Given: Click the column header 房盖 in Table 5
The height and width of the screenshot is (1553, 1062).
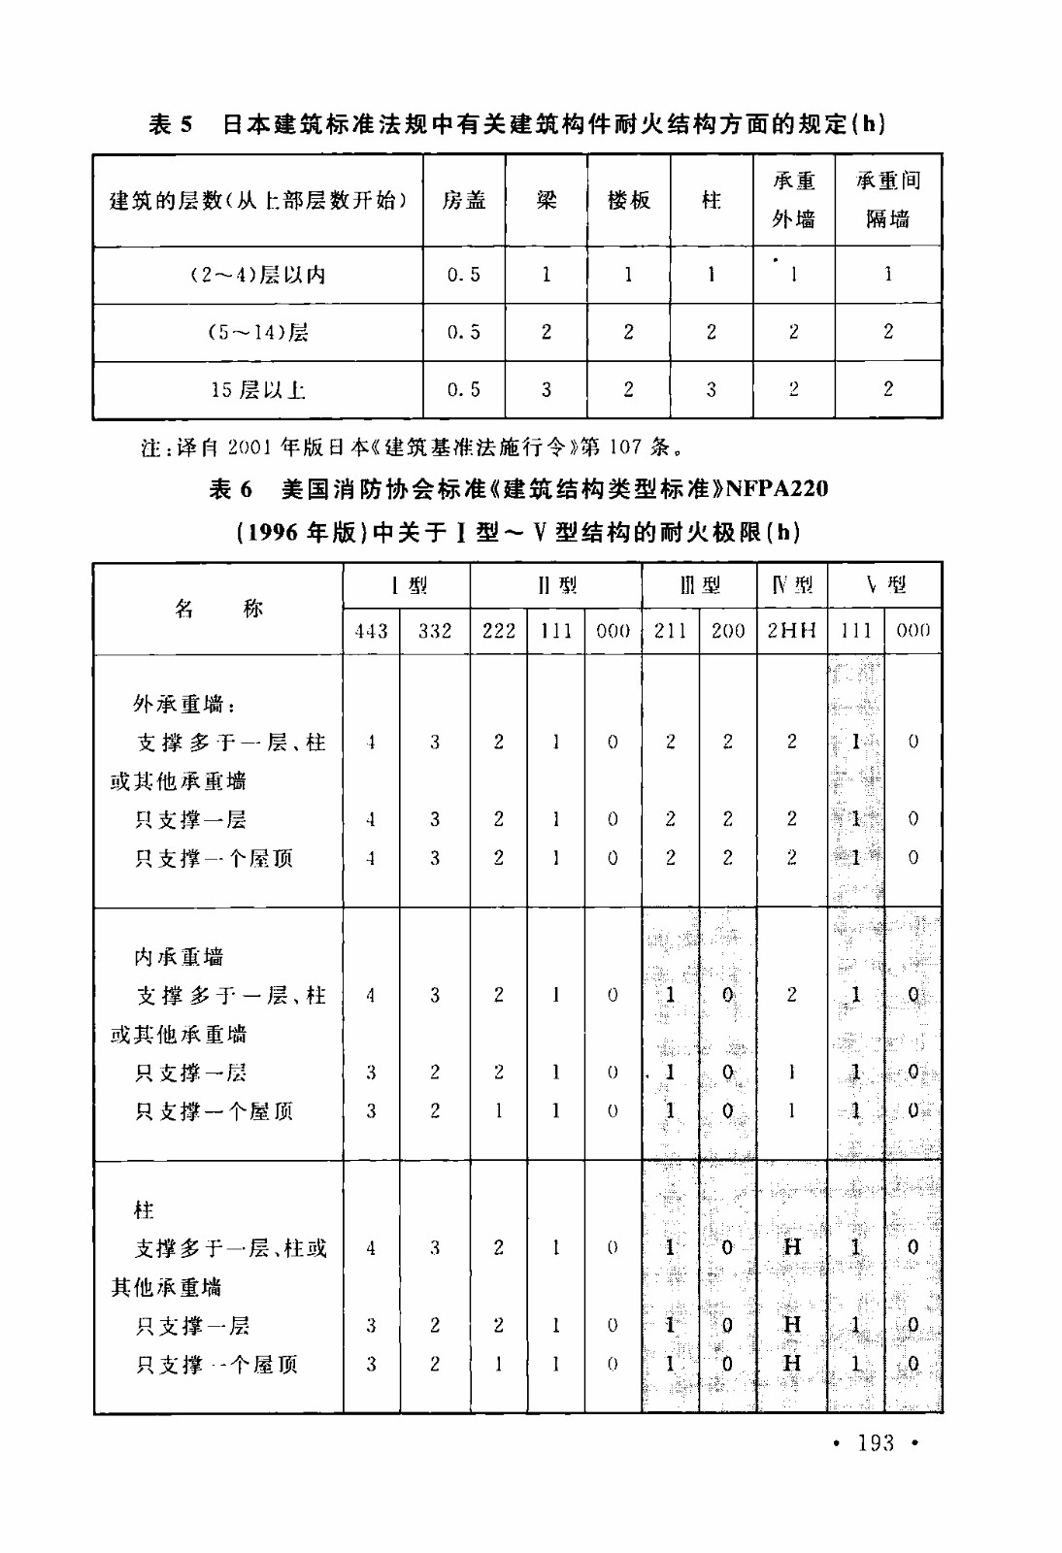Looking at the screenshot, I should pyautogui.click(x=464, y=200).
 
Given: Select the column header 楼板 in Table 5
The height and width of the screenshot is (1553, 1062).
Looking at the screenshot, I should pyautogui.click(x=628, y=200).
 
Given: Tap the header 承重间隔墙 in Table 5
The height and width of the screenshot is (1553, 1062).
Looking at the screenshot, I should pyautogui.click(x=887, y=200).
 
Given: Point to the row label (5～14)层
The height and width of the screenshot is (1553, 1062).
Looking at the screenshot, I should pyautogui.click(x=258, y=333).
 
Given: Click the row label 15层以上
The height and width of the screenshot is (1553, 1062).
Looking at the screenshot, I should pyautogui.click(x=258, y=390).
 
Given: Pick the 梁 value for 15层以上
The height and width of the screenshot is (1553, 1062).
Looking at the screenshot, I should pyautogui.click(x=546, y=390).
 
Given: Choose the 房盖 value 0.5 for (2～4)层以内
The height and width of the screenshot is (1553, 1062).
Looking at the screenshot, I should pyautogui.click(x=464, y=275).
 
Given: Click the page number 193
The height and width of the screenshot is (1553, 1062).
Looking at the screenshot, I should pyautogui.click(x=876, y=1443).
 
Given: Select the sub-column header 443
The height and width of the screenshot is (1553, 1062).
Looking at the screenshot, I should pyautogui.click(x=371, y=631).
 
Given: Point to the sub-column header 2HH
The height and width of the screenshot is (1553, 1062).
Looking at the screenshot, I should pyautogui.click(x=791, y=631).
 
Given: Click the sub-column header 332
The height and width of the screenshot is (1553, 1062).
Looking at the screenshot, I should pyautogui.click(x=435, y=631).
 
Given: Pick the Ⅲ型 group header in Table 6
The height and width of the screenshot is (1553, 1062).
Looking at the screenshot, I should pyautogui.click(x=699, y=585).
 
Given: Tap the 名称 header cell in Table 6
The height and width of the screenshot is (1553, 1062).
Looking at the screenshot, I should pyautogui.click(x=218, y=609).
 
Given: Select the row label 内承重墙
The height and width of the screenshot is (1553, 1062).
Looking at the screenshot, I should pyautogui.click(x=179, y=957).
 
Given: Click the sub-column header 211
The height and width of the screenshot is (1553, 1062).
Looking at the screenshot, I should pyautogui.click(x=670, y=631).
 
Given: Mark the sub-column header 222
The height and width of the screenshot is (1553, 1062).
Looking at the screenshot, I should pyautogui.click(x=499, y=631).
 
